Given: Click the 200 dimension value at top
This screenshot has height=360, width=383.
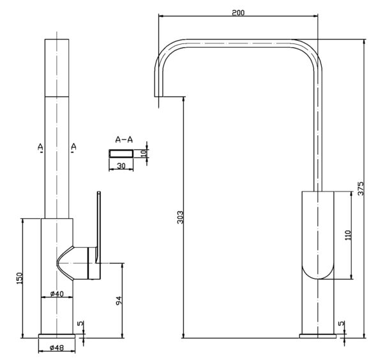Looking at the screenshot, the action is (x=238, y=12).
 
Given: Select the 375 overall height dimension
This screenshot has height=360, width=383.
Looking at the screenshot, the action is (x=361, y=188).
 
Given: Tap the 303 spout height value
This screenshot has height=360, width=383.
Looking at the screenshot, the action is (x=180, y=217).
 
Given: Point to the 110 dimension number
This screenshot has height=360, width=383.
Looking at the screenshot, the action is (x=348, y=235).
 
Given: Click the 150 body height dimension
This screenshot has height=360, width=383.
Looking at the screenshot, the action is (x=19, y=278).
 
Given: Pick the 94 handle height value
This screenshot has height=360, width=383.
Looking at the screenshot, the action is (x=119, y=301).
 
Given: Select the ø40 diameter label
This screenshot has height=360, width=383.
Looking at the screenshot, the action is (x=57, y=294).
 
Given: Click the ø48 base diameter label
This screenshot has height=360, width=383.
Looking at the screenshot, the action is (x=57, y=347).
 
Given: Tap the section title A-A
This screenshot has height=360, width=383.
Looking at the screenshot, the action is (x=124, y=140).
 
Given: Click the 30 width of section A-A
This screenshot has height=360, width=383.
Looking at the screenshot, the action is (x=121, y=166).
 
